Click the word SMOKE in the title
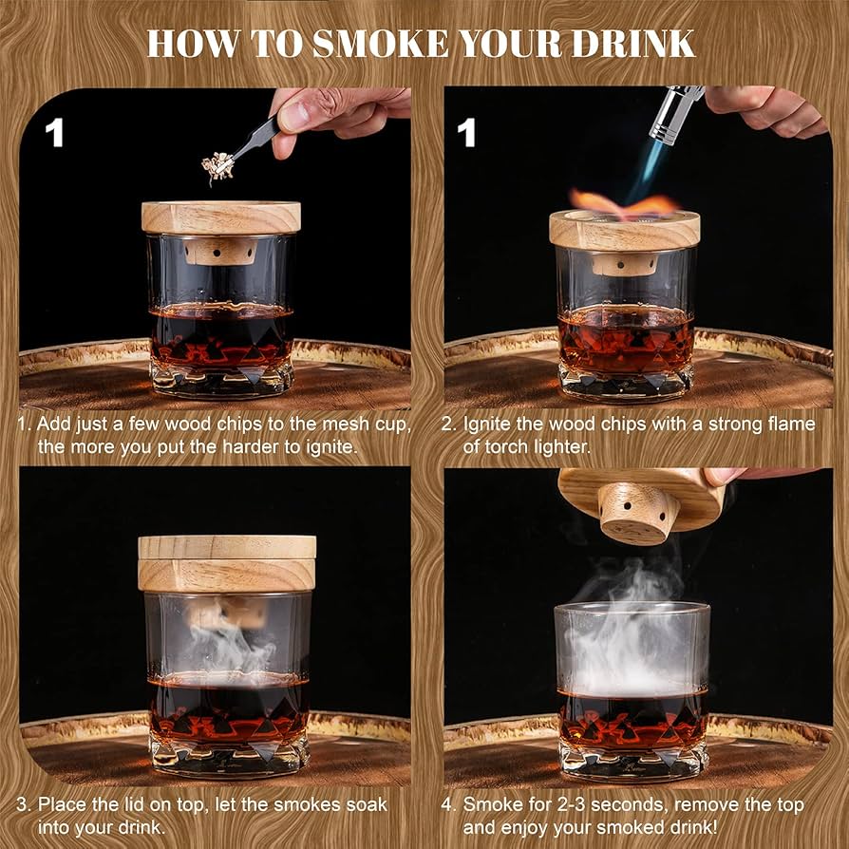point(353,44)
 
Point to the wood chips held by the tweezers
point(220,168)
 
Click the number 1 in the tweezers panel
point(55,133)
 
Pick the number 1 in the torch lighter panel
point(466,133)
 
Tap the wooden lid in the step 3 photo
point(227,562)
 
